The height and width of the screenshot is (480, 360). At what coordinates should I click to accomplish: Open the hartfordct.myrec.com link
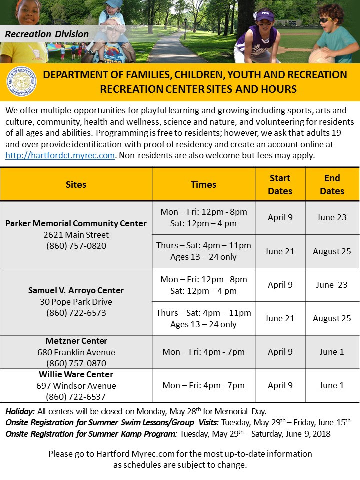[x=60, y=155]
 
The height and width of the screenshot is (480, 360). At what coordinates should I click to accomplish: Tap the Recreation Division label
[x=47, y=34]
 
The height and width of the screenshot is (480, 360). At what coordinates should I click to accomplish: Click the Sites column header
[x=76, y=184]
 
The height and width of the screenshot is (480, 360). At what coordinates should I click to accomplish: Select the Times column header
[x=203, y=184]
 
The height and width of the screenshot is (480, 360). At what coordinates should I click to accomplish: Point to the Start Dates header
[x=280, y=184]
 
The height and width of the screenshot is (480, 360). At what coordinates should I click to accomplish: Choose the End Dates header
[x=332, y=184]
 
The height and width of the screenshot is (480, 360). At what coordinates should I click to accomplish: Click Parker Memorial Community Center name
[x=76, y=223]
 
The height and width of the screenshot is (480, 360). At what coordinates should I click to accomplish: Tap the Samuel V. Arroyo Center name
[x=76, y=290]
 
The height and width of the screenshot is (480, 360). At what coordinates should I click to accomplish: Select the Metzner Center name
[x=76, y=341]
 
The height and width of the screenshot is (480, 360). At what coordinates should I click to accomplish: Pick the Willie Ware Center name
[x=76, y=374]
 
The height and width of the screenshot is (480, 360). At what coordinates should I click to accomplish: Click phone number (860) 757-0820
[x=76, y=246]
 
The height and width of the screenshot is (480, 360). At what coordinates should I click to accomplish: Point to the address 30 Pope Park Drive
[x=76, y=302]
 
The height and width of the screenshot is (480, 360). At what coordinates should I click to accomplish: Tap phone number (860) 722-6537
[x=76, y=397]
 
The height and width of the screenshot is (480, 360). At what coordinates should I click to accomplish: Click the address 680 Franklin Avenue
[x=76, y=352]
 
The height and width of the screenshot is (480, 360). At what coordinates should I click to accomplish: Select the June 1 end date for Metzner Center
[x=332, y=352]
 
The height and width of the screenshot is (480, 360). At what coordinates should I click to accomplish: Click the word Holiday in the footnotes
[x=20, y=412]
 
